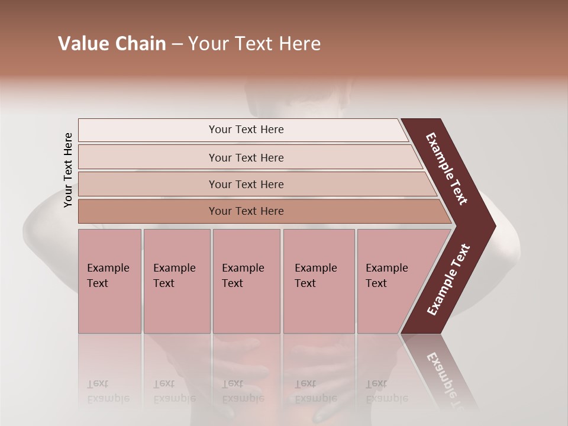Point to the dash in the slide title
pos(177,44)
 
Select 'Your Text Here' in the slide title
pos(254,44)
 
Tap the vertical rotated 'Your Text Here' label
pos(68,170)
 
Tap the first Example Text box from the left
pos(109,281)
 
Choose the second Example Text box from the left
pos(177,281)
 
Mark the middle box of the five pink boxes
pos(246,281)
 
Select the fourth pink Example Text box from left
pos(319,281)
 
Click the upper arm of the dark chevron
pos(447,169)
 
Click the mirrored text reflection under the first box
pos(108,390)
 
